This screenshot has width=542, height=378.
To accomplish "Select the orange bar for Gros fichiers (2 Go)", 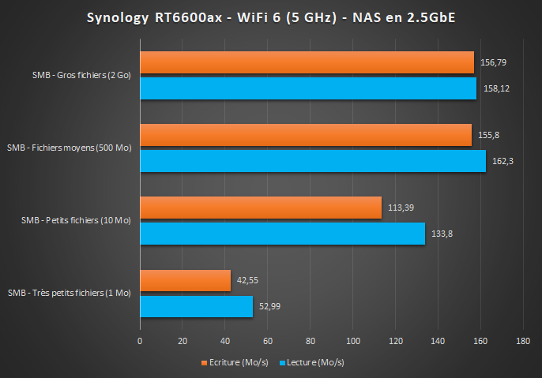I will coord(307,62).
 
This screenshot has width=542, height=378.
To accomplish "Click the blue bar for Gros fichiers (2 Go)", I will coord(308,88).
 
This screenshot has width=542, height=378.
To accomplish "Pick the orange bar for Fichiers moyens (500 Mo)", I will coord(306,135).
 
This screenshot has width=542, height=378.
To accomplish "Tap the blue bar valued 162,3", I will coord(313,160).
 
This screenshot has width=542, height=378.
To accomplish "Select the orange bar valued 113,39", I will coord(261,208).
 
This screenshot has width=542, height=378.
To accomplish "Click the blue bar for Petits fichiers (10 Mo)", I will coord(282,233).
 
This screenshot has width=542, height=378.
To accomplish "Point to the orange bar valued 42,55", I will coord(185,281).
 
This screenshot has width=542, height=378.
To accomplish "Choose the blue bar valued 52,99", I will coord(196,306).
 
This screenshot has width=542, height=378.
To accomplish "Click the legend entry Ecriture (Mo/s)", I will coord(237,363).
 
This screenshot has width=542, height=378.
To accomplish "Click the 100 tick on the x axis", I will coord(352,342).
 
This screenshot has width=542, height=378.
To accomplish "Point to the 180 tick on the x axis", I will coord(522,342).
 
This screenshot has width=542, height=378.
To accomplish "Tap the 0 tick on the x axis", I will coord(140,342).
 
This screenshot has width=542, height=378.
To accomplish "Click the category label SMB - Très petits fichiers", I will coord(69,293).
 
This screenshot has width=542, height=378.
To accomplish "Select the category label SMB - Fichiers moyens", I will coord(69,148).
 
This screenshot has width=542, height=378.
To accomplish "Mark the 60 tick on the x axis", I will coord(267,342).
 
